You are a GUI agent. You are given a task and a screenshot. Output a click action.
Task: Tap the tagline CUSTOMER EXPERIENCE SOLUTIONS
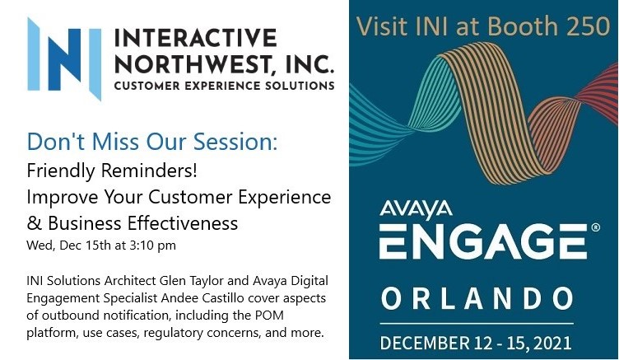pyautogui.click(x=224, y=85)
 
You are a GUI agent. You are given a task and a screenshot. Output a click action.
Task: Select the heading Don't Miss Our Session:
pyautogui.click(x=152, y=141)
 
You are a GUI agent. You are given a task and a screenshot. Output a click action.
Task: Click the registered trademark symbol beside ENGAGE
pyautogui.click(x=595, y=228)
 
